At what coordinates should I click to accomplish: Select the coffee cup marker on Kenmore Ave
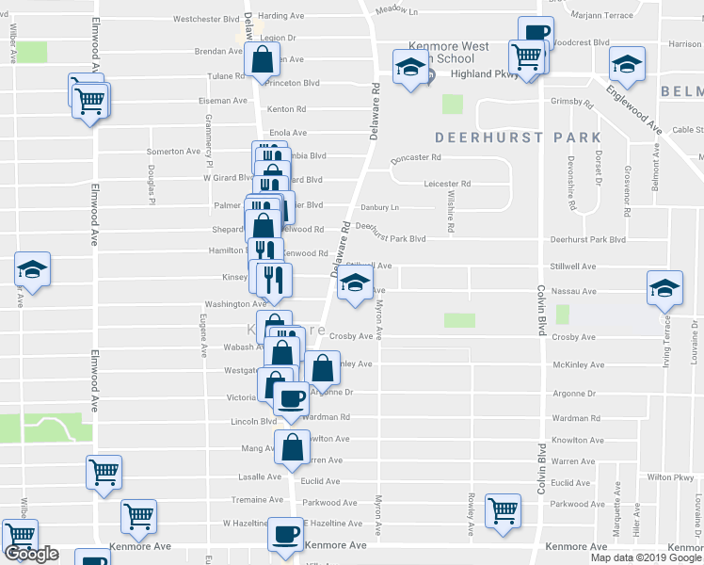pos(284,535)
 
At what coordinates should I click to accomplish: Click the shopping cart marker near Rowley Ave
pos(504,510)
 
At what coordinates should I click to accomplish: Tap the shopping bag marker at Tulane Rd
pos(262,61)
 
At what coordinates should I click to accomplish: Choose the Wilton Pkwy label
pos(670,477)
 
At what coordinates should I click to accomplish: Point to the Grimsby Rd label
pos(571,103)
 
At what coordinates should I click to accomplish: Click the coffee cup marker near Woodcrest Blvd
pos(536,34)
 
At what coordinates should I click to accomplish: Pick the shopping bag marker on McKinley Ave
pos(322,369)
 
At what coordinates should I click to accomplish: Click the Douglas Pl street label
pos(151,185)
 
